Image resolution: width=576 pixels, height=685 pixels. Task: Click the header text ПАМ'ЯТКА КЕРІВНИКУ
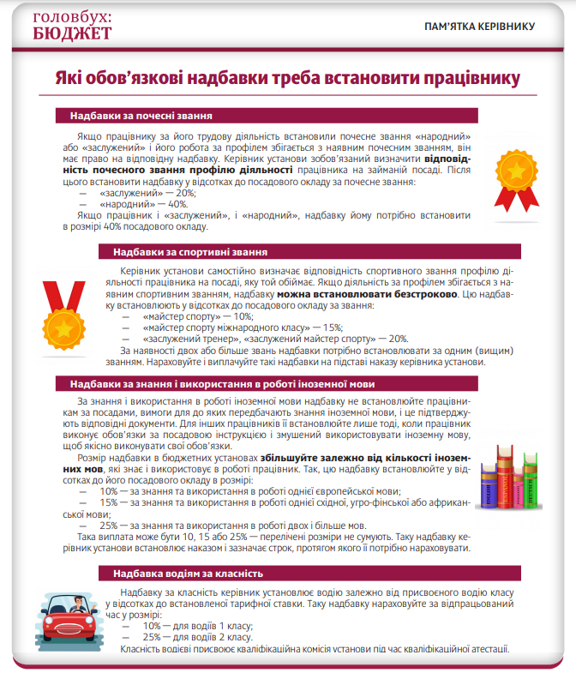pos(479,27)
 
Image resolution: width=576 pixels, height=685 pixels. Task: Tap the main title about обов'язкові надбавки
pos(288,79)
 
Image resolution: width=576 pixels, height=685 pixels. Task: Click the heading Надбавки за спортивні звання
pos(190,253)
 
